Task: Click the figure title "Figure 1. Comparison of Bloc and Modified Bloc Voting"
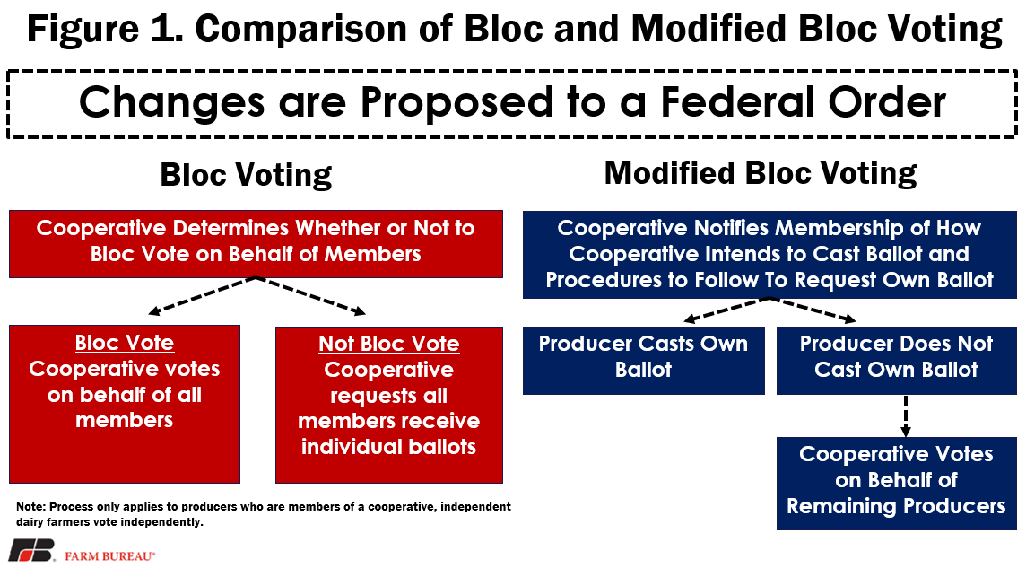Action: [514, 29]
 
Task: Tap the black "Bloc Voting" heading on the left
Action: [246, 175]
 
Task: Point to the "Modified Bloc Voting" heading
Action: [761, 173]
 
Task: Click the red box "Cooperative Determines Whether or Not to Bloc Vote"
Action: [256, 244]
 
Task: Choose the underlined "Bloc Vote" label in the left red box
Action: [125, 343]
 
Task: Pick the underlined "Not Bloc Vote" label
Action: [389, 344]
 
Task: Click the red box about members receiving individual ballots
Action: [389, 405]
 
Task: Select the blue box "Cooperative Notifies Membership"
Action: [769, 255]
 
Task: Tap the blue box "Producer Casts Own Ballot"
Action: [644, 361]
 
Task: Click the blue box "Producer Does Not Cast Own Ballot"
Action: [897, 361]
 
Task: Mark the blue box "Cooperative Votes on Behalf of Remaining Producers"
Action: [897, 484]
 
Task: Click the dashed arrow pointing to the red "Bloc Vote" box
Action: [202, 296]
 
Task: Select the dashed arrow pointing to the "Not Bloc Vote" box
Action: [311, 296]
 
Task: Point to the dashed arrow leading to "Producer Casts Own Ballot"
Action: [726, 310]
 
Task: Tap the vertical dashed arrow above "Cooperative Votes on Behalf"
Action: [906, 415]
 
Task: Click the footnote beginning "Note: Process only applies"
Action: [264, 514]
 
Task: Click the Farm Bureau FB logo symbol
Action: [31, 550]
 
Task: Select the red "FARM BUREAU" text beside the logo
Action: [110, 556]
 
